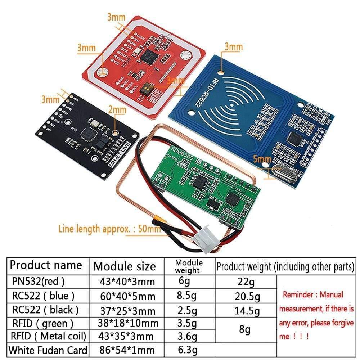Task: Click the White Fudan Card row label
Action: (x=48, y=350)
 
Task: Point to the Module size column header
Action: (x=125, y=266)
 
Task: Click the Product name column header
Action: (x=46, y=265)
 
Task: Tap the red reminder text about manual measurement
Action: (x=316, y=315)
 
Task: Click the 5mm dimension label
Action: (x=261, y=159)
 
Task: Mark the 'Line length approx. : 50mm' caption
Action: (x=109, y=229)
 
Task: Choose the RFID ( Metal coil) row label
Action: (x=48, y=336)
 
